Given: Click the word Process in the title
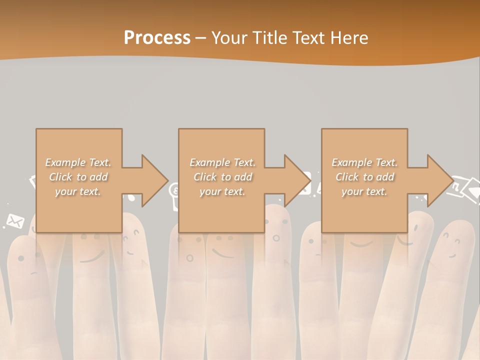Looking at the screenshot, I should [x=157, y=37].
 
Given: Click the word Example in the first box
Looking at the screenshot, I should [x=64, y=162].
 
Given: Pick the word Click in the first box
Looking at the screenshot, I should [x=60, y=177].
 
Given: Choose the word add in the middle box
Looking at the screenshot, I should [x=243, y=177].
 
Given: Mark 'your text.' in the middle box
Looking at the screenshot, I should [x=222, y=191].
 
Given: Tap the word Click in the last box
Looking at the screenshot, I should [x=347, y=177].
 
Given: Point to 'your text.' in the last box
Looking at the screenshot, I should [x=364, y=191].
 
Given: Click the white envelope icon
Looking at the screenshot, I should [x=15, y=220].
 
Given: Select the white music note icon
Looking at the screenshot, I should [x=455, y=187].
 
